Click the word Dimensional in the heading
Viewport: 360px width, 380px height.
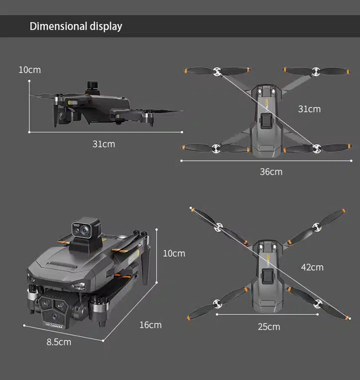coord(58,26)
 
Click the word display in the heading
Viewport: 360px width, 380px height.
coord(106,27)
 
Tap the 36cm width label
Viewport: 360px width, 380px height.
coord(271,172)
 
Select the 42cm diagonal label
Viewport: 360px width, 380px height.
coord(312,267)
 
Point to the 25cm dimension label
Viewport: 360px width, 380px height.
coord(269,327)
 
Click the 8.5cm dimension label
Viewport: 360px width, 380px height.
coord(59,342)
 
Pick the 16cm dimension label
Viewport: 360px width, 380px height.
coord(151,325)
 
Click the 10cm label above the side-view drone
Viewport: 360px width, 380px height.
coord(30,70)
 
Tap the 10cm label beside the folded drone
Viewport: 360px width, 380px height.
coord(174,254)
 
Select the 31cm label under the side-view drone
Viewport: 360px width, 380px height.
coord(104,144)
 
